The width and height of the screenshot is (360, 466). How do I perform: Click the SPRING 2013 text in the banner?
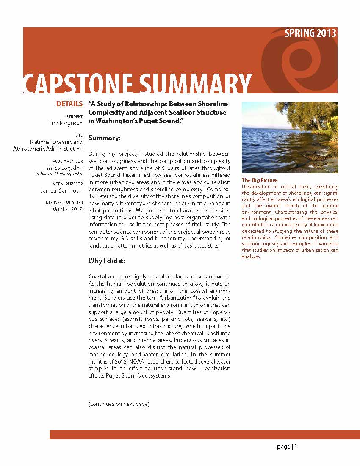tap(310, 33)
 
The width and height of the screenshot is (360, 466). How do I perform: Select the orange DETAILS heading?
tap(69, 104)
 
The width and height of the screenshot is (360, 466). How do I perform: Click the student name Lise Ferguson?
tap(66, 123)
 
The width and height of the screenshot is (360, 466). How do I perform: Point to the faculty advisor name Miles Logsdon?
tap(64, 168)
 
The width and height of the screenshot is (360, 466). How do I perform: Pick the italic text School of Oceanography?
tap(59, 174)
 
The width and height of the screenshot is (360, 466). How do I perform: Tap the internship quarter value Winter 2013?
tap(68, 209)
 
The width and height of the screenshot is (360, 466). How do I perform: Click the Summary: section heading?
tap(105, 138)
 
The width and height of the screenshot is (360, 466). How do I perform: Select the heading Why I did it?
tap(107, 261)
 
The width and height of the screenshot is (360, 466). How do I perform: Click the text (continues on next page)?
tap(119, 404)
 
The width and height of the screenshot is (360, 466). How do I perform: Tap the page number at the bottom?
tap(287, 447)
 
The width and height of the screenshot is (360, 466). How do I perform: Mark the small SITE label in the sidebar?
tap(79, 135)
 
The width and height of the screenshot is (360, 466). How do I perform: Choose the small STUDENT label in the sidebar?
tap(75, 116)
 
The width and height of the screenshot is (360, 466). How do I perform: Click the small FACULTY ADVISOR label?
tap(67, 161)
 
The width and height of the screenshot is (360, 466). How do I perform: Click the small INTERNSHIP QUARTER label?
tap(64, 203)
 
